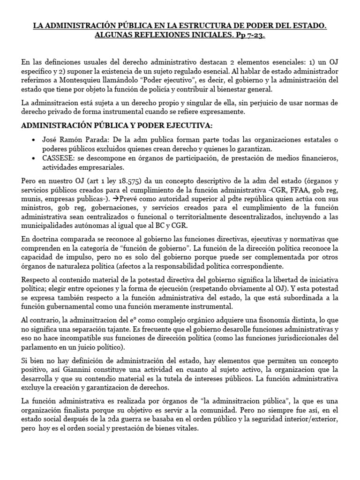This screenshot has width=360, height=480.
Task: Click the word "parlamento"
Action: click(41, 347)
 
